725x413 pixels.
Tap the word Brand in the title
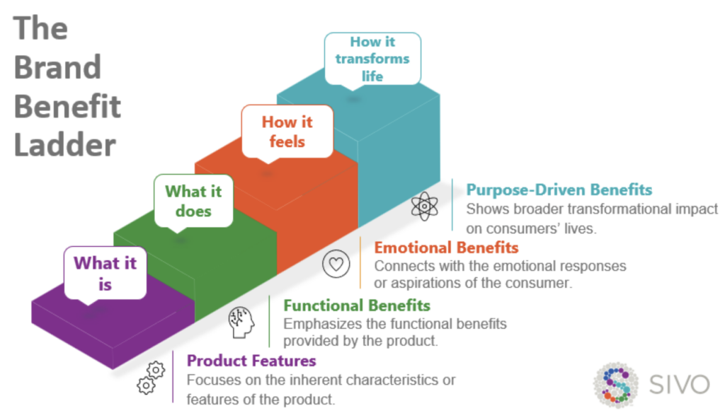click(x=57, y=68)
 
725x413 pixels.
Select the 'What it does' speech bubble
click(x=193, y=201)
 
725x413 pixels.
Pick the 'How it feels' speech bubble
click(x=287, y=131)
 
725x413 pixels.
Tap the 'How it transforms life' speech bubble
click(x=372, y=58)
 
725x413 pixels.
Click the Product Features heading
click(x=251, y=361)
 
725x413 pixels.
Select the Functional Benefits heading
click(x=357, y=306)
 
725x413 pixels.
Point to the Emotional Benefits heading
click(x=446, y=248)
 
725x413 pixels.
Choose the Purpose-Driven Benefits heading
click(x=559, y=190)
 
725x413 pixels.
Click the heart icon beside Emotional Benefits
click(x=336, y=264)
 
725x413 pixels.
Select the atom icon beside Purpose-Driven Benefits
click(x=424, y=207)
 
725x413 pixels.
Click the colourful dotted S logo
click(x=615, y=385)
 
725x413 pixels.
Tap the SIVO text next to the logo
click(x=679, y=385)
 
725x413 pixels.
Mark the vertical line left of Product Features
click(x=173, y=376)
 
